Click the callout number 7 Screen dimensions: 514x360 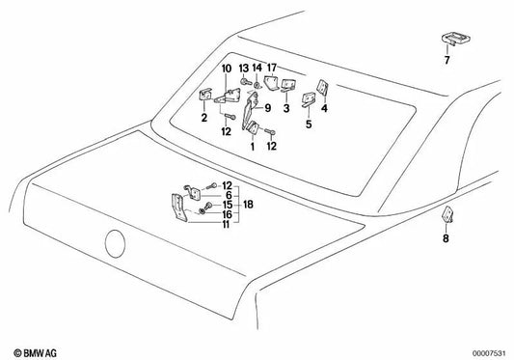point(446,60)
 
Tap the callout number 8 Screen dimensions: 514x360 point(446,238)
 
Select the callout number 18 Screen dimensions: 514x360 point(248,205)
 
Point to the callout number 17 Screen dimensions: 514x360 point(272,68)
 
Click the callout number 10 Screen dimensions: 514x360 point(227,69)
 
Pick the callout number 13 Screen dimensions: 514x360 point(244,68)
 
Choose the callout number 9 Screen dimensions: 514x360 point(268,108)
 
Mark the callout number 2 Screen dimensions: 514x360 point(203,118)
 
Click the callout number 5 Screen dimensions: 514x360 point(309,125)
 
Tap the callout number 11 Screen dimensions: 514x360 point(226,225)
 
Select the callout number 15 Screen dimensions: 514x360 point(228,205)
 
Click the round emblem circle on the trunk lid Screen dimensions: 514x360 point(115,243)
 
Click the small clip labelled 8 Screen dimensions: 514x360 point(447,214)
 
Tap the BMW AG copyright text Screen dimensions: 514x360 point(35,353)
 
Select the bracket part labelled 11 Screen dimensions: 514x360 point(179,208)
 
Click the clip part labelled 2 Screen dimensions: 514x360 point(205,96)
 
